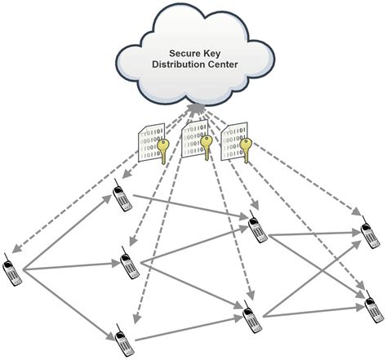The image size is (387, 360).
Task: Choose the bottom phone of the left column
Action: point(119,337)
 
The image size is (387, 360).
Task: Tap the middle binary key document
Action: point(196,141)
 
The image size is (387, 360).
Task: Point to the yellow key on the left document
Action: point(166,152)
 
